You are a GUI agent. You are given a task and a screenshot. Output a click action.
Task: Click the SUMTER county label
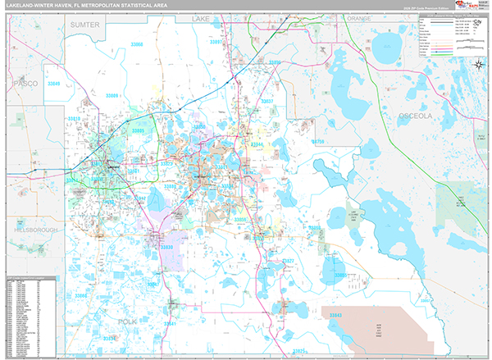(84, 25)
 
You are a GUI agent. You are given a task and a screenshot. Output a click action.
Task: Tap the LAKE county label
(201, 17)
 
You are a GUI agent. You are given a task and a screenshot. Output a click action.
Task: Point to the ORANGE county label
(358, 18)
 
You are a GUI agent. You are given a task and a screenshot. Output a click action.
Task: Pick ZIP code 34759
(322, 141)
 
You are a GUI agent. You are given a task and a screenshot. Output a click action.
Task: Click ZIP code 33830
(167, 246)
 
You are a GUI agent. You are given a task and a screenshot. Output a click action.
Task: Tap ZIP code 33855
(339, 276)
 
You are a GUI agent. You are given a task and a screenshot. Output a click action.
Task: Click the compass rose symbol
(477, 65)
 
